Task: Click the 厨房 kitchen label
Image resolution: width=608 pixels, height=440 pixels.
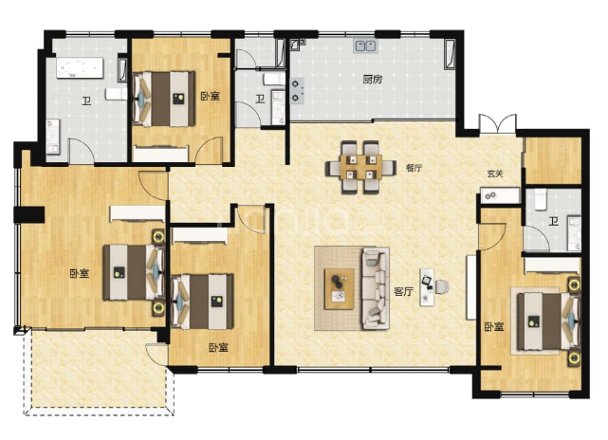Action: tap(373, 80)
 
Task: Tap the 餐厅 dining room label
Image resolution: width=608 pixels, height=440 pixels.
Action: tap(414, 168)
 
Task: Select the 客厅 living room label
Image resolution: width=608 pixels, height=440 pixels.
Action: tap(404, 291)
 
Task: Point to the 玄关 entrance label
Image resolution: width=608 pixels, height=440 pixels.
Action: tap(495, 174)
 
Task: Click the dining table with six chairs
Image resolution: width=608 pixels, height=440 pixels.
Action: tap(361, 167)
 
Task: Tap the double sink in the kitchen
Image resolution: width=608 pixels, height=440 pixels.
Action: tap(365, 46)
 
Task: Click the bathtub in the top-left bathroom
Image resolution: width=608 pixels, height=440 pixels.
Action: tap(81, 68)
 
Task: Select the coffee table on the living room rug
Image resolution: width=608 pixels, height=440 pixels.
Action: tap(340, 289)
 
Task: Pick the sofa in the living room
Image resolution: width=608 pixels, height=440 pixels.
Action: tap(376, 288)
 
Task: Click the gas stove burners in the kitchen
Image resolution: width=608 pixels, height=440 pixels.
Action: tap(297, 91)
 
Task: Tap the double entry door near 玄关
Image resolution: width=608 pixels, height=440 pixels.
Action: tap(497, 124)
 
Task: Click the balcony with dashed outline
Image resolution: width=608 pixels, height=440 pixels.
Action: tap(98, 372)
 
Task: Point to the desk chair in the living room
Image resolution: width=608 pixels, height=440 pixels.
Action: tap(442, 287)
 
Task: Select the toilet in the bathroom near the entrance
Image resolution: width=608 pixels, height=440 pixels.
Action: tap(540, 199)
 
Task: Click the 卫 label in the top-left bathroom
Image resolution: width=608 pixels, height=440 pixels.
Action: tap(86, 101)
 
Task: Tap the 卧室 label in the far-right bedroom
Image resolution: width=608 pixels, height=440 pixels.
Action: tap(494, 326)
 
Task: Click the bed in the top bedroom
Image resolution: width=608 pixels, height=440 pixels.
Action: tap(163, 99)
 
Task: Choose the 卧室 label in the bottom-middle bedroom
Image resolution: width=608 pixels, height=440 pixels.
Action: tap(218, 347)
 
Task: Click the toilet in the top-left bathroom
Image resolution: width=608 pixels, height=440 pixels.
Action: tap(116, 94)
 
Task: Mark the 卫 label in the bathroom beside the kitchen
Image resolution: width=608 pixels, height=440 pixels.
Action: tap(260, 100)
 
